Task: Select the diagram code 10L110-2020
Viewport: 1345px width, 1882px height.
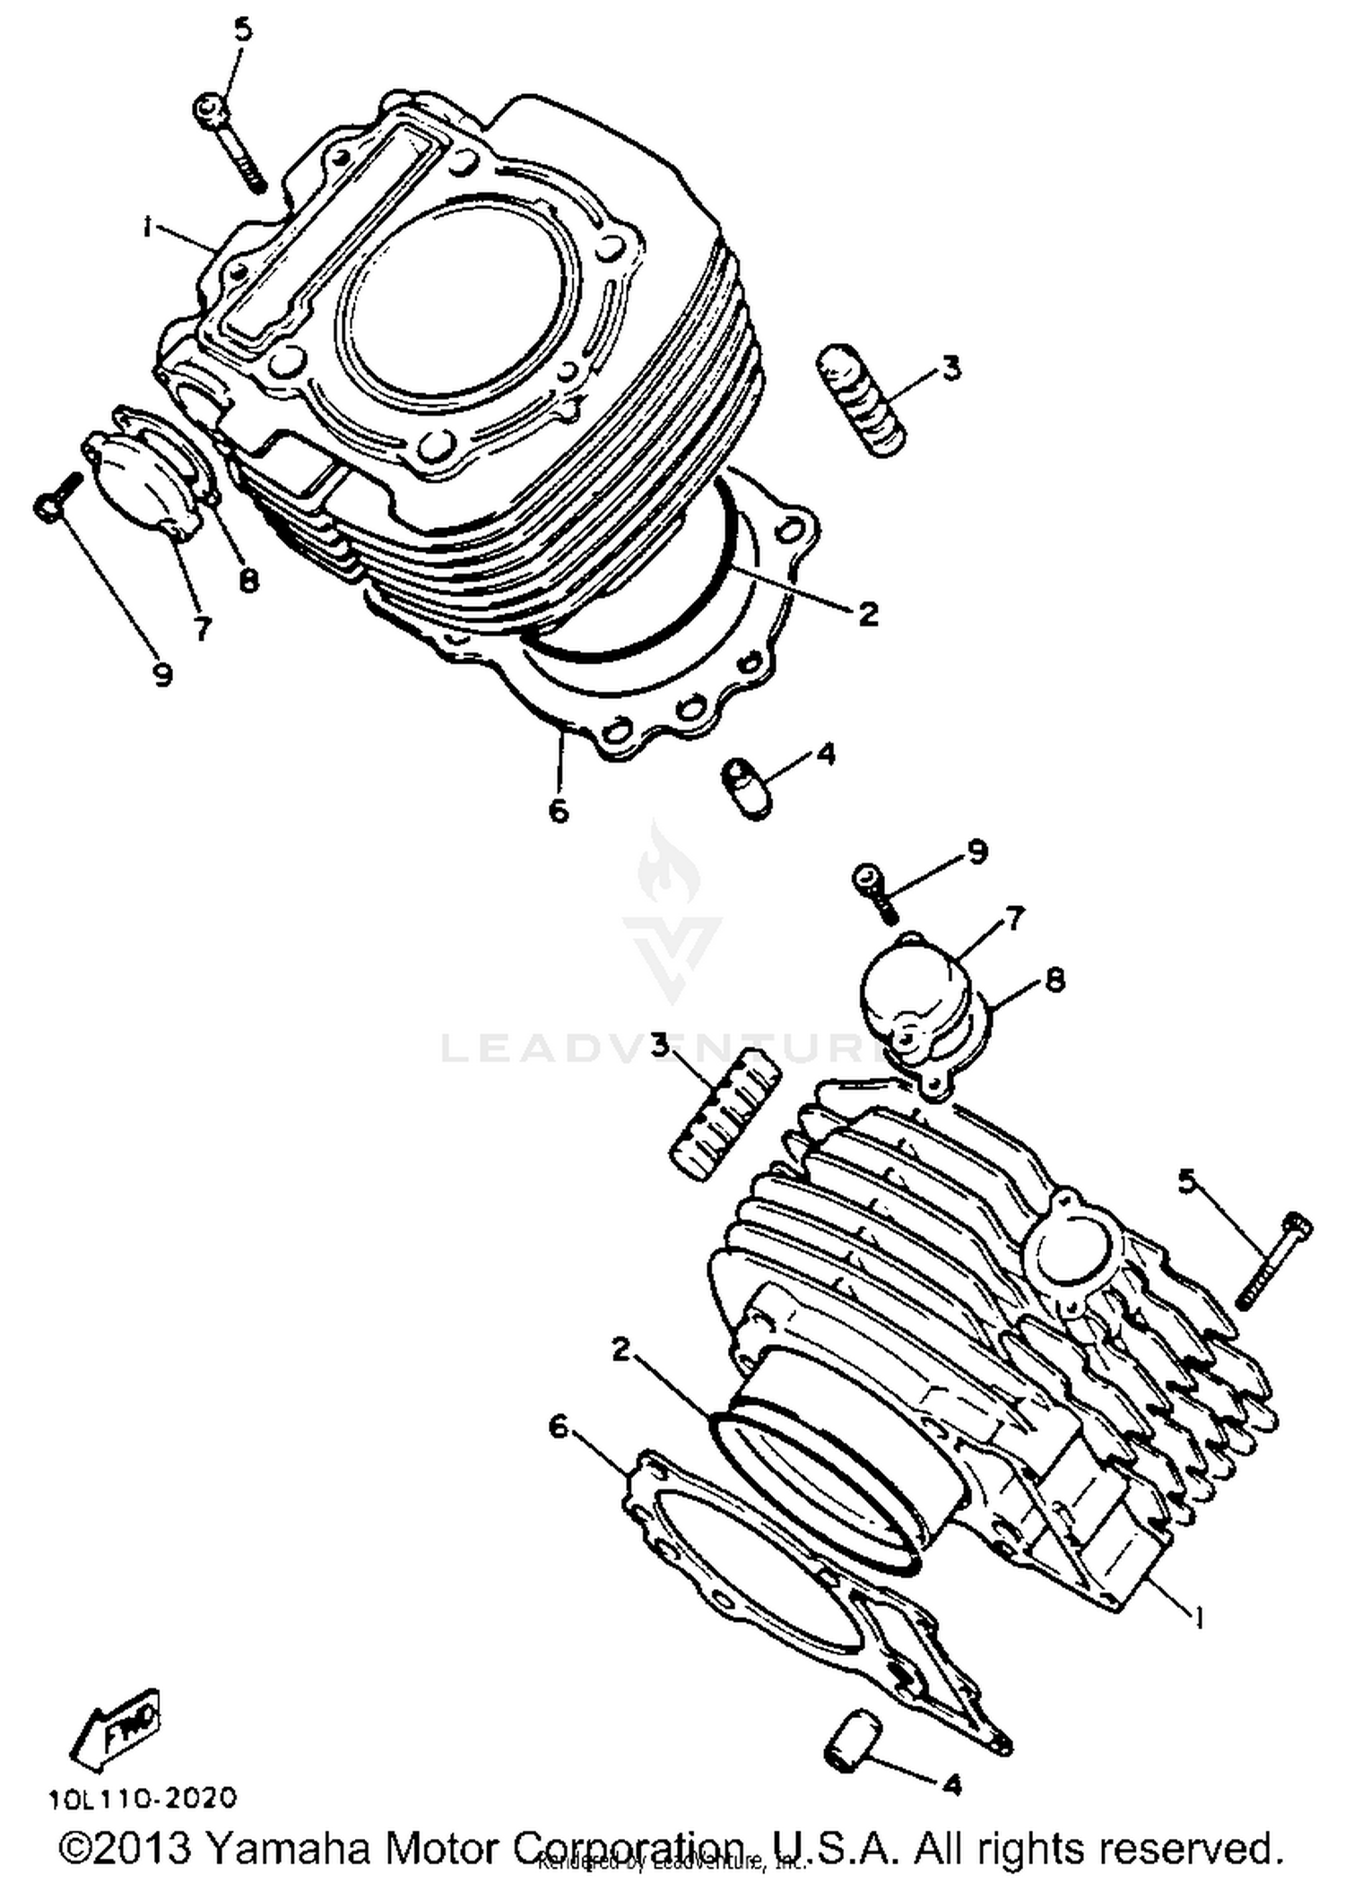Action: [143, 1798]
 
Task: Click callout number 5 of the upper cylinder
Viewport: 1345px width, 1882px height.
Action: [243, 30]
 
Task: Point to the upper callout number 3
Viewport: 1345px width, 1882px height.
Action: [950, 367]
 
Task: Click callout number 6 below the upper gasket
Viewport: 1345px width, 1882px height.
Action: [558, 810]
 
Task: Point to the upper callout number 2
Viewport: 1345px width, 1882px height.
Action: [867, 615]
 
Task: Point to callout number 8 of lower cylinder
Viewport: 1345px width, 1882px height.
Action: [1055, 980]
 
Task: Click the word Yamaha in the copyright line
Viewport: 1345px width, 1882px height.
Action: [287, 1848]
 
